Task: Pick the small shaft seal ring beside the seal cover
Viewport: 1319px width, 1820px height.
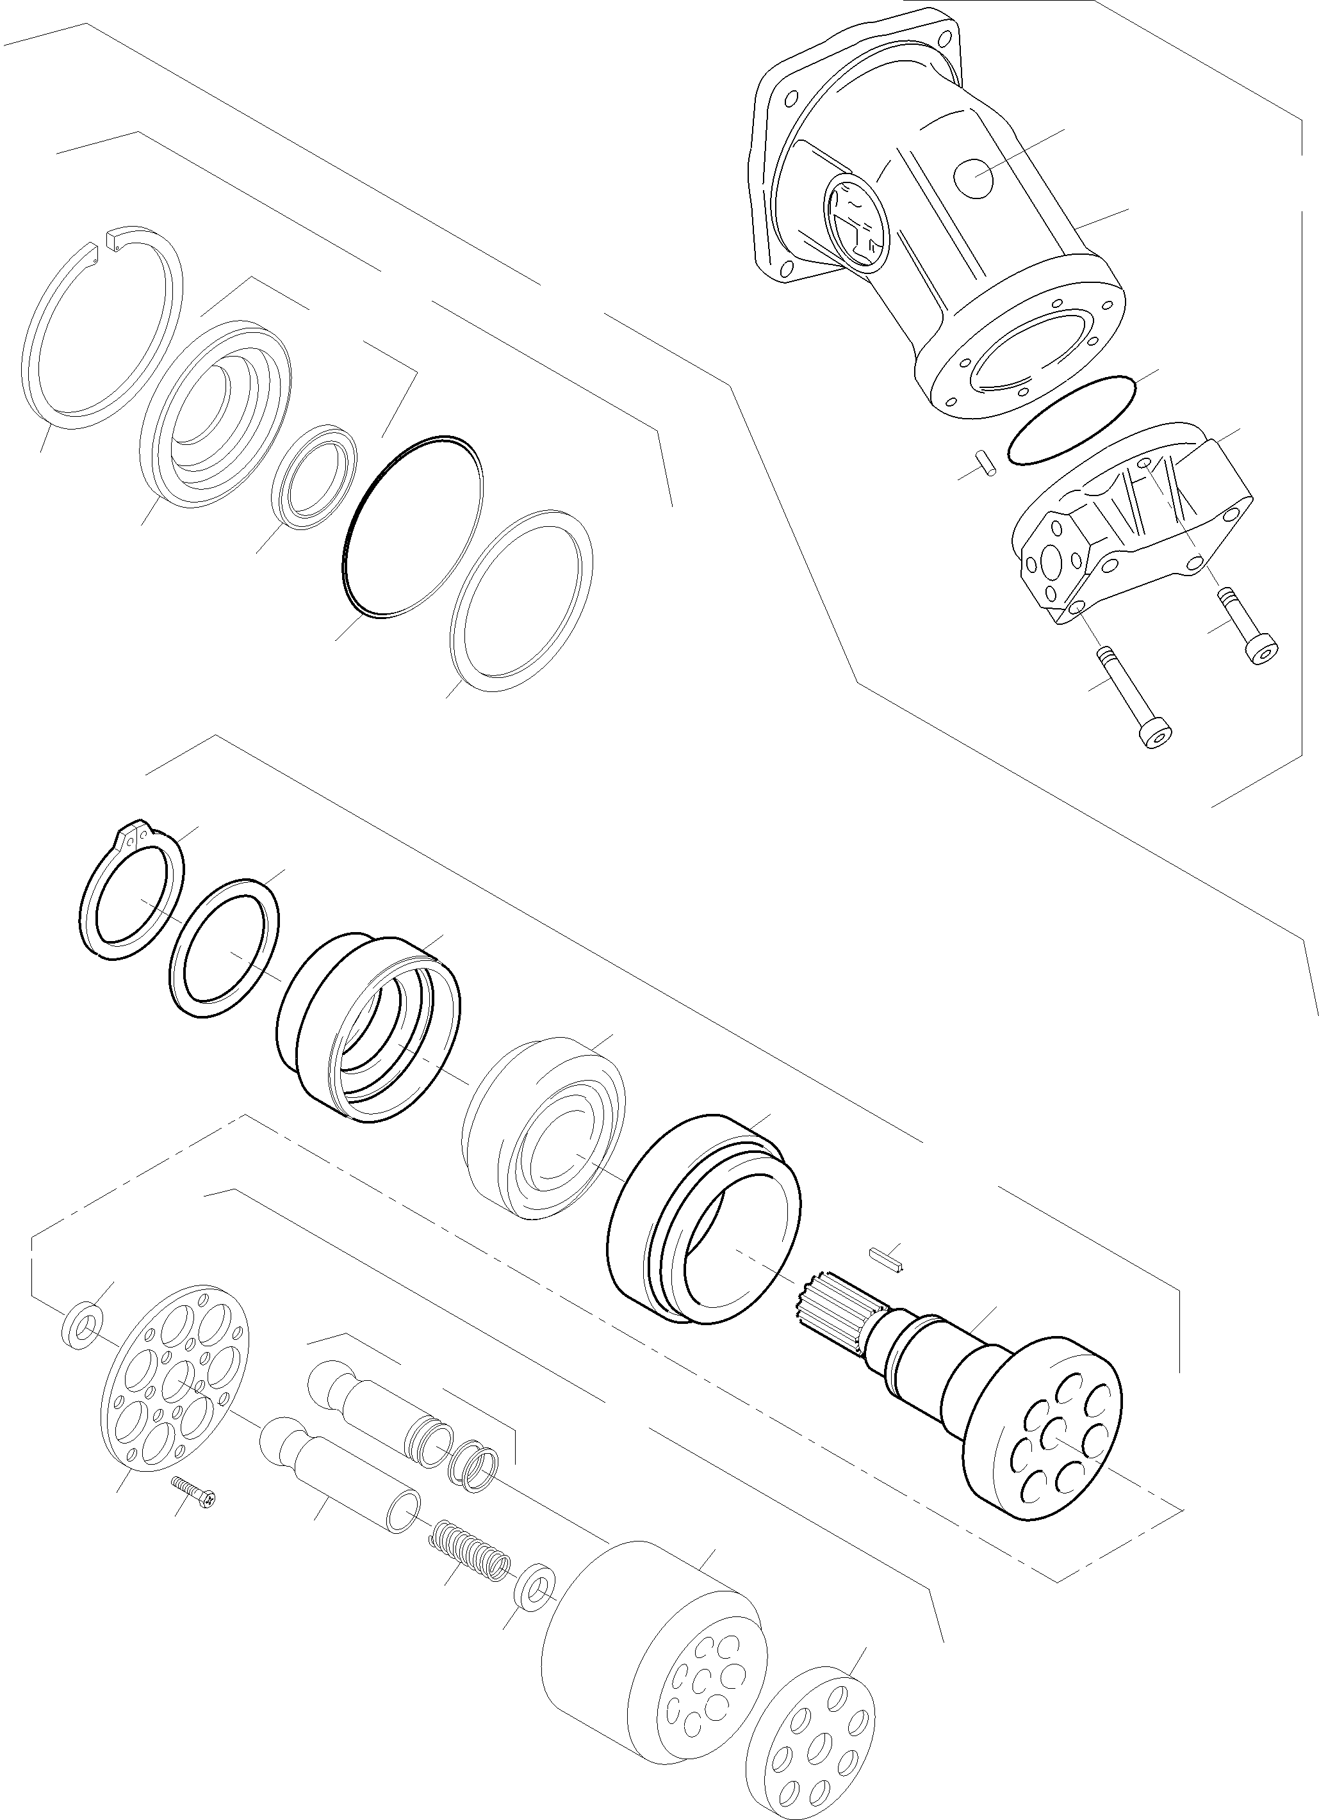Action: (x=314, y=476)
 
